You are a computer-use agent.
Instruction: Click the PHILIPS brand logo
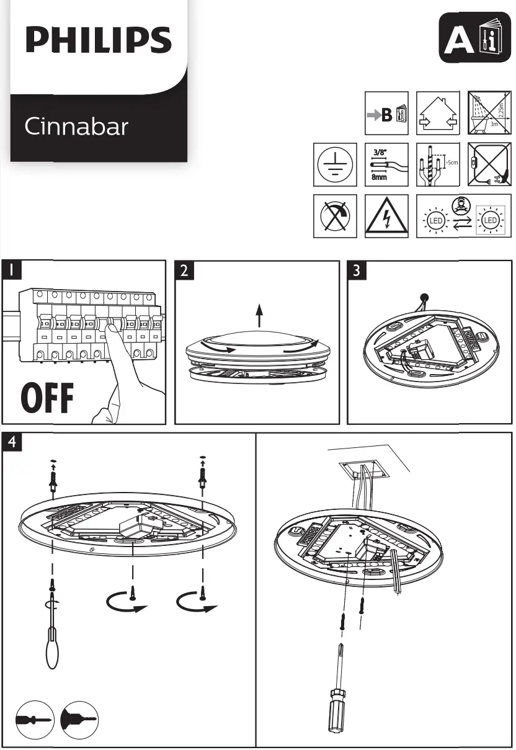[x=98, y=41]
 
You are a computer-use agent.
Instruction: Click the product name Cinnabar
[x=76, y=127]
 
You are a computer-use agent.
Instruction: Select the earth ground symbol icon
[x=336, y=165]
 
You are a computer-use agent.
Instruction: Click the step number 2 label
[x=184, y=270]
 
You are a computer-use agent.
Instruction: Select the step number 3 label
[x=356, y=270]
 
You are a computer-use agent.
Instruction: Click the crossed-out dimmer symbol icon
[x=336, y=216]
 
